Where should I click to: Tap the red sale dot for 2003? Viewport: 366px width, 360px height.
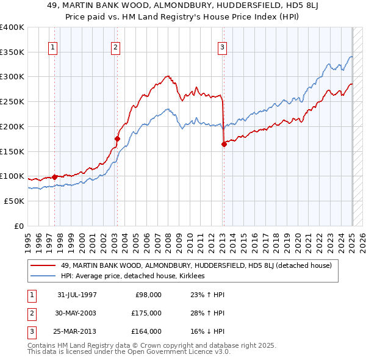(x=117, y=139)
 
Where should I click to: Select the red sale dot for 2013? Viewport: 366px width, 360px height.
(x=224, y=144)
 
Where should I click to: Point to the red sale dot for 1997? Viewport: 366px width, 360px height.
(x=54, y=177)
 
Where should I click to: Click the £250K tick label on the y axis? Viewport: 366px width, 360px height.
(x=12, y=101)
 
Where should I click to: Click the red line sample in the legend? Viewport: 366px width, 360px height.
(x=43, y=265)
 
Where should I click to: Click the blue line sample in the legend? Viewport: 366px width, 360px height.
(x=43, y=276)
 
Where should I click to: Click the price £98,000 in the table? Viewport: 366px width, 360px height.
(x=148, y=295)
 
